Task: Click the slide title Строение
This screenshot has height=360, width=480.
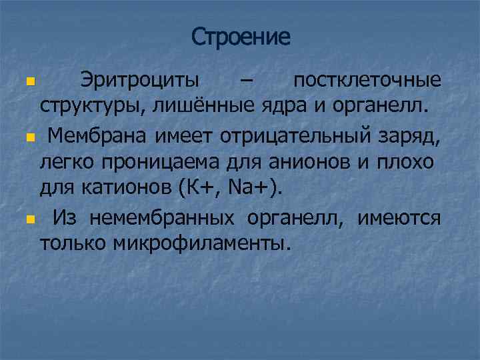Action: click(x=241, y=37)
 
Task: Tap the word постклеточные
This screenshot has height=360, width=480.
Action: click(x=367, y=81)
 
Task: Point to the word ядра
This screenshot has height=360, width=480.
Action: click(x=279, y=105)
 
